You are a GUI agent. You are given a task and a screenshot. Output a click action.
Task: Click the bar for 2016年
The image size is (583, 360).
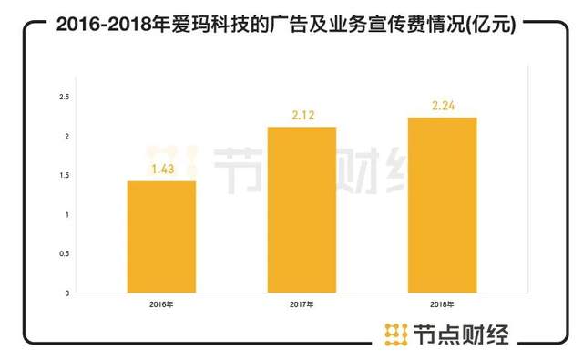coord(161,237)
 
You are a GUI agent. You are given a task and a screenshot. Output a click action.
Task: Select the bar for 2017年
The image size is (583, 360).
coord(302,210)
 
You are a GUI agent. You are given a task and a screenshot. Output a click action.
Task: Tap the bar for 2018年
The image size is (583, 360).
coord(442,205)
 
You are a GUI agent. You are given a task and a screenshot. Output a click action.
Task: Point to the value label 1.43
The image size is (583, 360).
coord(161,170)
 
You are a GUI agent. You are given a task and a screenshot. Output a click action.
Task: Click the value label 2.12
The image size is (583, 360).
coord(302,115)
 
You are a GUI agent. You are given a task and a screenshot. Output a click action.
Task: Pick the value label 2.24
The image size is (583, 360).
coord(442,106)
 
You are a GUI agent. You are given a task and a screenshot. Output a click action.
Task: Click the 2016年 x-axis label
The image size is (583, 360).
coord(161,303)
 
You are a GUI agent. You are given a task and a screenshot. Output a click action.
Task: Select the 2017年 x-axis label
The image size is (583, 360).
coord(302,303)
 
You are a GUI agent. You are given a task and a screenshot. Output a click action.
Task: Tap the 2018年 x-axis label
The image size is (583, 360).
coord(442,303)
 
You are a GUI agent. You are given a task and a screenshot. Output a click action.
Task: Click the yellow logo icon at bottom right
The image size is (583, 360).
coord(394,334)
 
